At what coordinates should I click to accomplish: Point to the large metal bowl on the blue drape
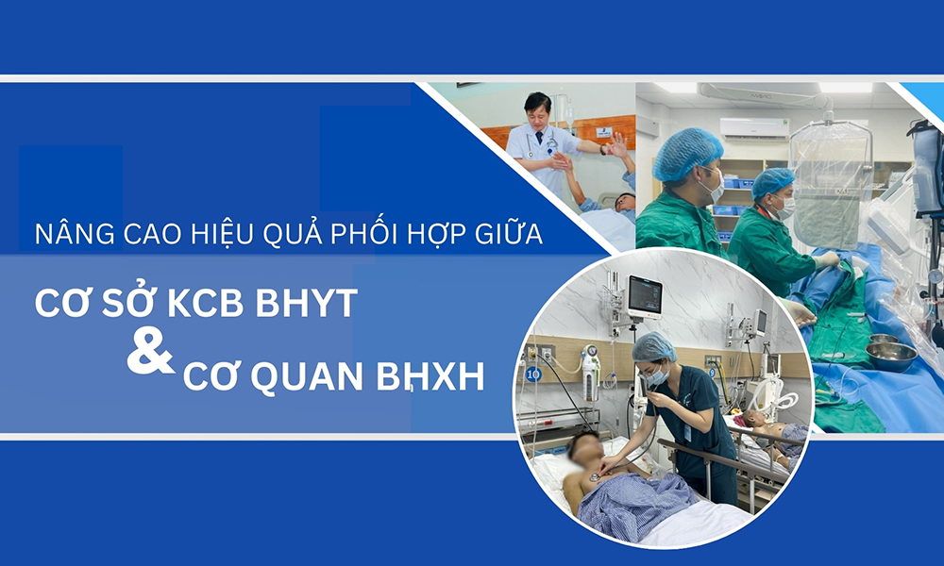coord(890,356)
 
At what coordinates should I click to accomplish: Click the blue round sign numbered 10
coord(533,374)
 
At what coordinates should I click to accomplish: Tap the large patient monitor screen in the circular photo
coord(645,295)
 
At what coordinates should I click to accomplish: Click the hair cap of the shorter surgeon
coord(773,181)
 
